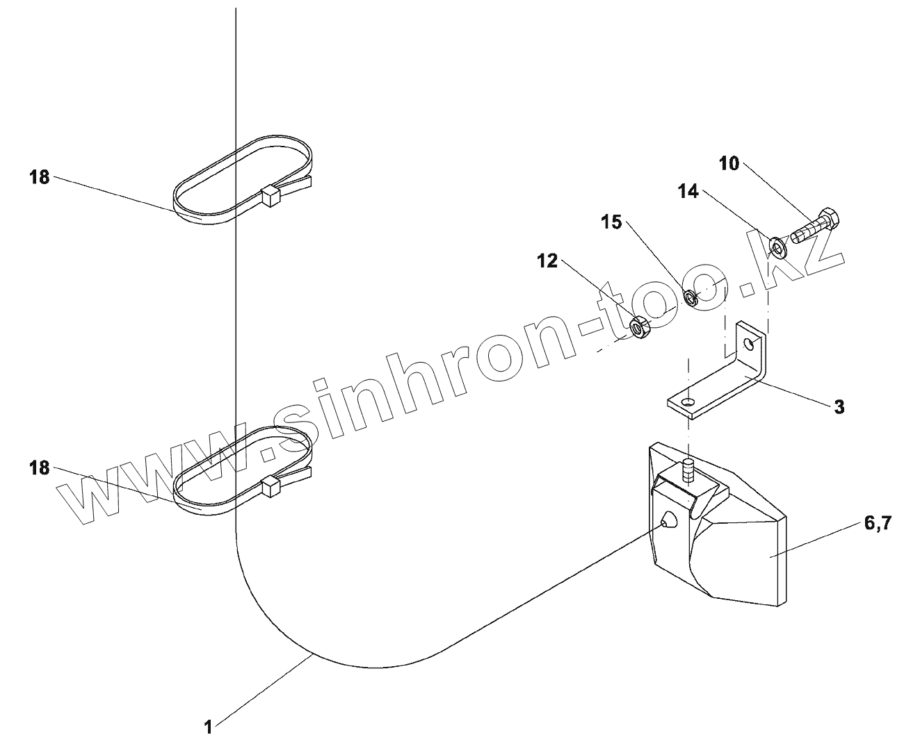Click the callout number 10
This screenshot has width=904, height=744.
pyautogui.click(x=729, y=165)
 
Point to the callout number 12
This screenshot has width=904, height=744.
pyautogui.click(x=547, y=261)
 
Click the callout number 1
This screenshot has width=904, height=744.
pyautogui.click(x=208, y=727)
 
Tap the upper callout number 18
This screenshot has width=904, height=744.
pyautogui.click(x=40, y=177)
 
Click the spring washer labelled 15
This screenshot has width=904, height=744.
pyautogui.click(x=691, y=298)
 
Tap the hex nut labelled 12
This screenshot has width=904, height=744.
pyautogui.click(x=639, y=326)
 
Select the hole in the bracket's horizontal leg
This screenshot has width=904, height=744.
pyautogui.click(x=688, y=402)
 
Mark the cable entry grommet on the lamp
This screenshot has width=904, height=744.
pyautogui.click(x=668, y=520)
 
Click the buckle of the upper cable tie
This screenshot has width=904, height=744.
pyautogui.click(x=270, y=197)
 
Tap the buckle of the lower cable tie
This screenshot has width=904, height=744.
pyautogui.click(x=271, y=486)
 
